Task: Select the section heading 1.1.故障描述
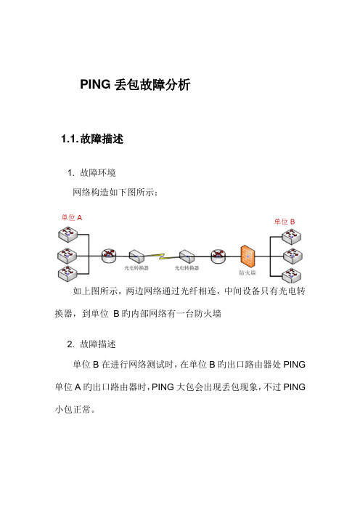pyautogui.click(x=92, y=139)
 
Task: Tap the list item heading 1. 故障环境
pyautogui.click(x=91, y=173)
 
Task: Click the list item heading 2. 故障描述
pyautogui.click(x=91, y=344)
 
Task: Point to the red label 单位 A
pyautogui.click(x=72, y=217)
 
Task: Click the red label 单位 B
pyautogui.click(x=285, y=222)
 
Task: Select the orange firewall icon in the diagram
pyautogui.click(x=247, y=255)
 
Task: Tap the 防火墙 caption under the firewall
pyautogui.click(x=247, y=272)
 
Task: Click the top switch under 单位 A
pyautogui.click(x=68, y=234)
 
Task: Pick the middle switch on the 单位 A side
pyautogui.click(x=67, y=256)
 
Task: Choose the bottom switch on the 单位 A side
pyautogui.click(x=67, y=274)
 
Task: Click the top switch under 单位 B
pyautogui.click(x=292, y=236)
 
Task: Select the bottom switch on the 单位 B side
pyautogui.click(x=292, y=275)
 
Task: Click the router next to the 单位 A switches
pyautogui.click(x=109, y=256)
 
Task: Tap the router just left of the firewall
pyautogui.click(x=218, y=256)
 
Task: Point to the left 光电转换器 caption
pyautogui.click(x=136, y=268)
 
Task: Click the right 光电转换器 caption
pyautogui.click(x=187, y=268)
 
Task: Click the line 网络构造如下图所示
pyautogui.click(x=115, y=193)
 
